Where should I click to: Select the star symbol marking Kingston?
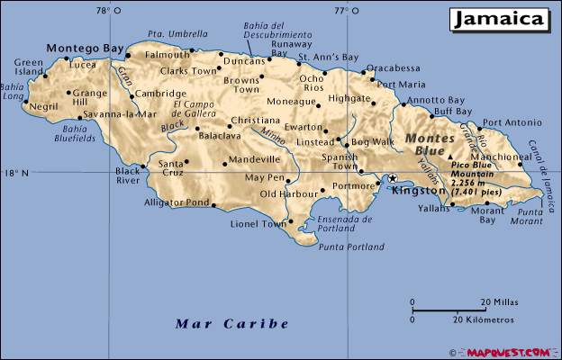(x=392, y=179)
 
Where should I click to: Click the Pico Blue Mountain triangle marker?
(x=451, y=157)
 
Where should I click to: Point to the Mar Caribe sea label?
(x=232, y=323)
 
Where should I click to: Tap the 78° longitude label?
(x=109, y=11)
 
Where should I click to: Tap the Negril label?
(x=43, y=106)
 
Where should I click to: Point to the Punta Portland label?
(x=347, y=246)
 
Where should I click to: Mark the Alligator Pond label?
(x=177, y=202)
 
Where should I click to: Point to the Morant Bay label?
(x=487, y=214)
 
